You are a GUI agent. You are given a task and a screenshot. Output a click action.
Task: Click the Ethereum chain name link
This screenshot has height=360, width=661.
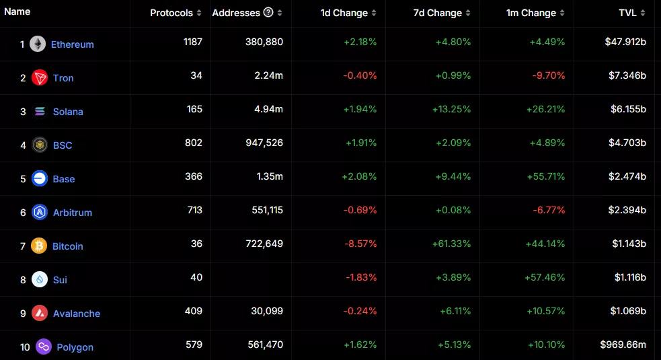(72, 44)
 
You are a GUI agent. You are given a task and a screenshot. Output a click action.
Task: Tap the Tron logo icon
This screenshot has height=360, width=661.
(40, 77)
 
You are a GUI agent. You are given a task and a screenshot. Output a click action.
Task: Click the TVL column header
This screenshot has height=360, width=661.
(631, 13)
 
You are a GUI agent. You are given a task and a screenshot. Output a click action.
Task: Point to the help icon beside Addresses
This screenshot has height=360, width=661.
(269, 12)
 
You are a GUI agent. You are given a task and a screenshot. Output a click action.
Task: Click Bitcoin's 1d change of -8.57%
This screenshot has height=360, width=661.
(360, 244)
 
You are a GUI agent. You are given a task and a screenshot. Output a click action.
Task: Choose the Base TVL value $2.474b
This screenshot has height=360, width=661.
(625, 176)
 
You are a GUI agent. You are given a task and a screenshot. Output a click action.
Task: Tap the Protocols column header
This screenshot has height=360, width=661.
(171, 13)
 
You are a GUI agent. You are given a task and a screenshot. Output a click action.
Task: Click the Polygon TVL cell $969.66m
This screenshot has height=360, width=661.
(623, 345)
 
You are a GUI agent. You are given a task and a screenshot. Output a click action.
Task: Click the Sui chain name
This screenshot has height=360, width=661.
(60, 280)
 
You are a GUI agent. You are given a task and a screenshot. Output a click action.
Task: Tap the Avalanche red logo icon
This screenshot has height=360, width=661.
(40, 313)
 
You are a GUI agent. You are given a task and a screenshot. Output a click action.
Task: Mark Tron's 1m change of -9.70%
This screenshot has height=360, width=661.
(549, 75)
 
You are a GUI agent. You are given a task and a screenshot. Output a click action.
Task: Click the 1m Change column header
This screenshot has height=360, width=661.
(531, 13)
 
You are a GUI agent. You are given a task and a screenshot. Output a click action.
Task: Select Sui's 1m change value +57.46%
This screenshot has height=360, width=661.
(545, 277)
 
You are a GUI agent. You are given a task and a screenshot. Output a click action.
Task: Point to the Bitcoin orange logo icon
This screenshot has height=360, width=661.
(40, 246)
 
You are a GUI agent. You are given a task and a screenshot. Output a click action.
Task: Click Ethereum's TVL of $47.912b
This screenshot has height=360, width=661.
(625, 42)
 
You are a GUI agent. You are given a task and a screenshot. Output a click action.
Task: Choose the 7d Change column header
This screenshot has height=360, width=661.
(436, 13)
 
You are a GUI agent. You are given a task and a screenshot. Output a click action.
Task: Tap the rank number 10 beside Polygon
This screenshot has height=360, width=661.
(25, 347)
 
